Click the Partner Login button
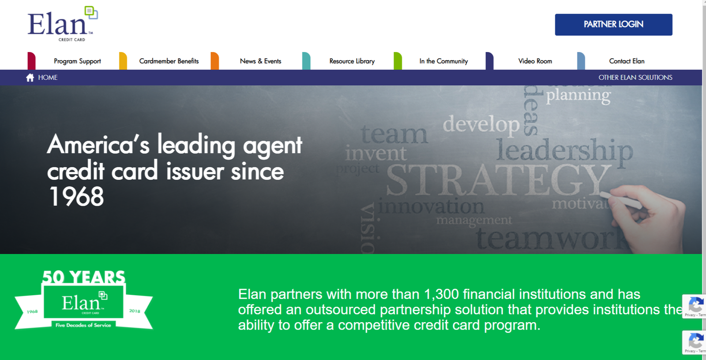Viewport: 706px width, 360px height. [613, 25]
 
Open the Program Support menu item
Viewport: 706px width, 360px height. [77, 61]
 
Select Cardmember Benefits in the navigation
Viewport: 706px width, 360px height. [169, 61]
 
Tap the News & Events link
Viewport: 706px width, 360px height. [260, 61]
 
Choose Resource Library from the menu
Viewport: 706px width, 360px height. [352, 61]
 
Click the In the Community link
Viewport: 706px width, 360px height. [443, 61]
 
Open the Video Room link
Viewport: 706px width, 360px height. [535, 61]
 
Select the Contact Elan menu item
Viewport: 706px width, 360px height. [627, 61]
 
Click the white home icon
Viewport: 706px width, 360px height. [30, 78]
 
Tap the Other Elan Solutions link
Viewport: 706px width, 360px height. [635, 78]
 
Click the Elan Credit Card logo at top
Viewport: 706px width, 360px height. [62, 25]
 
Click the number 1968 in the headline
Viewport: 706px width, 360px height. [76, 197]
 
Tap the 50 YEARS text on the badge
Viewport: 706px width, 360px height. [83, 277]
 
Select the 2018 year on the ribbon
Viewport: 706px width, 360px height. [135, 311]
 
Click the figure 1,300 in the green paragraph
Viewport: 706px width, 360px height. [441, 294]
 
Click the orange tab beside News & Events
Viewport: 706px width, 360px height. [215, 61]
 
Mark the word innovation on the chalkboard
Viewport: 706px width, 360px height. [431, 206]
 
